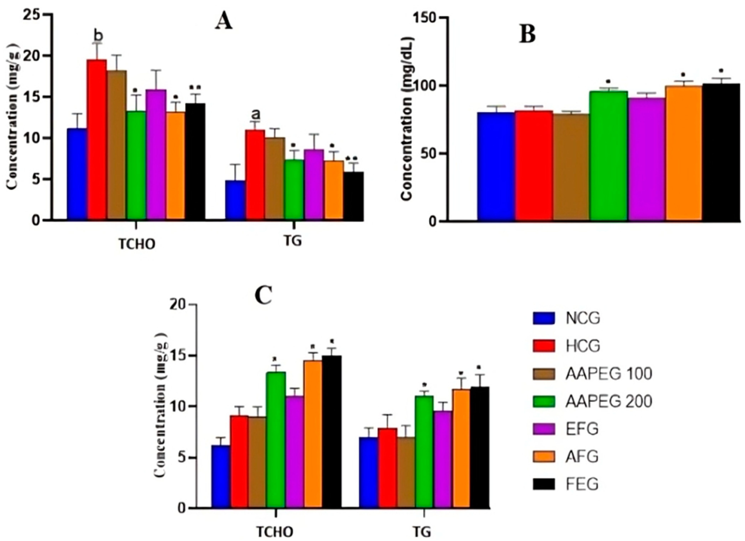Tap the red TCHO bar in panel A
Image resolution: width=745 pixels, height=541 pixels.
pyautogui.click(x=97, y=140)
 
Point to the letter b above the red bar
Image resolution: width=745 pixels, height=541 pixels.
pyautogui.click(x=98, y=35)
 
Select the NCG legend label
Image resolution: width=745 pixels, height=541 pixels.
pyautogui.click(x=583, y=318)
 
